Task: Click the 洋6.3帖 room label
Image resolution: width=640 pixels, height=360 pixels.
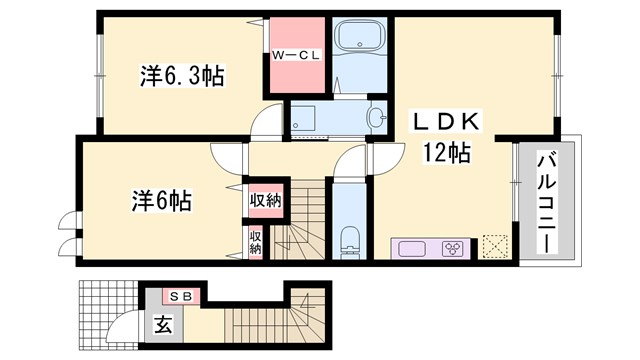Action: (181, 74)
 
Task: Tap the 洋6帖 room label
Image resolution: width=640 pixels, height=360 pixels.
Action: (161, 200)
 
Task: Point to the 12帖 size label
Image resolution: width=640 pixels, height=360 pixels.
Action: (445, 153)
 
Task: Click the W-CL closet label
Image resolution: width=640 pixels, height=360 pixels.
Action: (295, 56)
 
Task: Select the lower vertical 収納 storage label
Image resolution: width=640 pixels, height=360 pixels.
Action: (255, 242)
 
